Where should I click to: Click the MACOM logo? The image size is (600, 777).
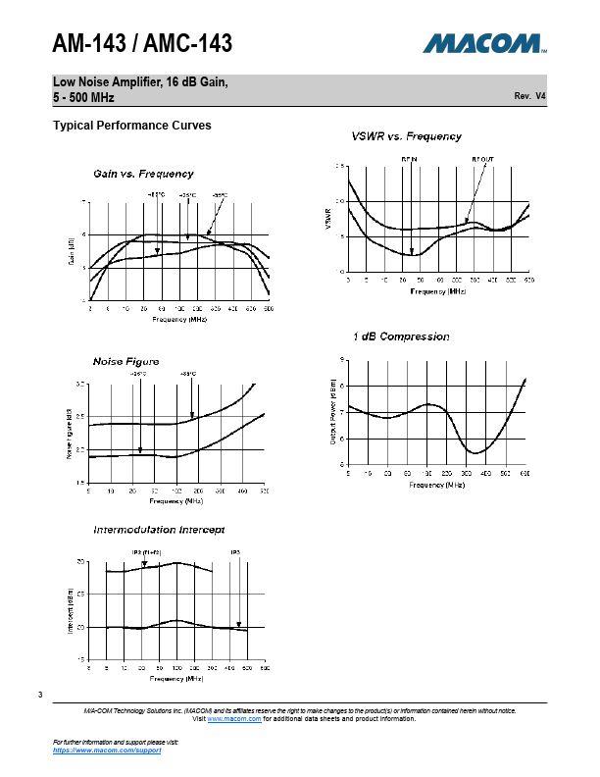tap(484, 44)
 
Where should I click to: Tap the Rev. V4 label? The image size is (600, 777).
tap(529, 96)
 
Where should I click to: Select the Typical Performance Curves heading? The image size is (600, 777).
tap(131, 126)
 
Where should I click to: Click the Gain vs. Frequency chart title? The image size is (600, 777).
tap(143, 174)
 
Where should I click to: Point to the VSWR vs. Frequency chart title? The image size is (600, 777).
tap(406, 135)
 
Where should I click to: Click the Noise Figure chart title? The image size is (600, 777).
tap(125, 361)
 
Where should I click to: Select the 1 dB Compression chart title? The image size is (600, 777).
tap(401, 337)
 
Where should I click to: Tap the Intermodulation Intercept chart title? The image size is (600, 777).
tap(159, 530)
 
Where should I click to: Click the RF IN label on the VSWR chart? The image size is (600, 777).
tap(410, 158)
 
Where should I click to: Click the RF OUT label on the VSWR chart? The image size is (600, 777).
tap(482, 158)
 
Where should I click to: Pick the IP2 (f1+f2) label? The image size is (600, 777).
tap(145, 552)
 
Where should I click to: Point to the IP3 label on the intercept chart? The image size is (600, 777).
tap(235, 552)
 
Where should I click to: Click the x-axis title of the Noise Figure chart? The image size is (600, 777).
tap(177, 500)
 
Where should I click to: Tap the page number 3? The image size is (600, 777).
tap(41, 696)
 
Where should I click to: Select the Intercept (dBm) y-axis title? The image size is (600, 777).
tap(71, 610)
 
